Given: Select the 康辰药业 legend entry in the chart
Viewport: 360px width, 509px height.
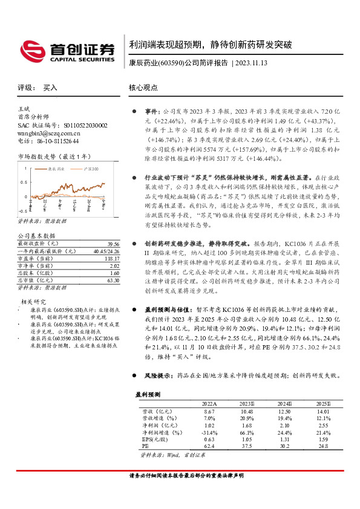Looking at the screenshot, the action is point(52,169).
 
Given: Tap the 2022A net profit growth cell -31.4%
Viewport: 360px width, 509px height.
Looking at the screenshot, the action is point(209,432).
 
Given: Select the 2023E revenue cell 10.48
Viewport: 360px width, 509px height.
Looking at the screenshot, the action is point(246,410).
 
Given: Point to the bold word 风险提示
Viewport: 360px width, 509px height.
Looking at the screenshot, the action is point(156,375).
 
